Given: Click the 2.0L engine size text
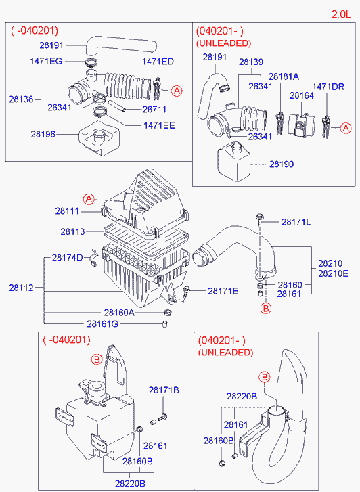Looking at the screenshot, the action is pos(341,14).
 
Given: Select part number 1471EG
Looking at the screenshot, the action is pos(46,61).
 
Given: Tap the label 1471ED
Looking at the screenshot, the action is pos(158,62).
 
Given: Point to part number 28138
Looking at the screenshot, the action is pos(21,99).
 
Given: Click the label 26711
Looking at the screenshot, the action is pos(154,109).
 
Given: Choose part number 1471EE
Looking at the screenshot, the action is pos(159,125).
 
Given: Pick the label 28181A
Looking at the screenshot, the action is pos(284,76).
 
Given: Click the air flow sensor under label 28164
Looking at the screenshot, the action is pos(297,125).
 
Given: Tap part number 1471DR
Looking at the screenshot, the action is pos(328,87).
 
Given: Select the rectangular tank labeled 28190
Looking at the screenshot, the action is pos(234,162).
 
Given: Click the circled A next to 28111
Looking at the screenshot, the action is pos(89,199).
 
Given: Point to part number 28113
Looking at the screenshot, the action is pos(72,231).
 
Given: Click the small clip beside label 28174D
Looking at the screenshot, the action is pos(93,259).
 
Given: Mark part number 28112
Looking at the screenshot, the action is pos(21,288).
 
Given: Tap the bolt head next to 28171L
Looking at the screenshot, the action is pos(260,217).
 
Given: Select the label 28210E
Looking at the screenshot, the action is pos(334,273).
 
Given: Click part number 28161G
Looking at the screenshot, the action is pos(103,323).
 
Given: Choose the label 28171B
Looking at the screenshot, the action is pos(164,390).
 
